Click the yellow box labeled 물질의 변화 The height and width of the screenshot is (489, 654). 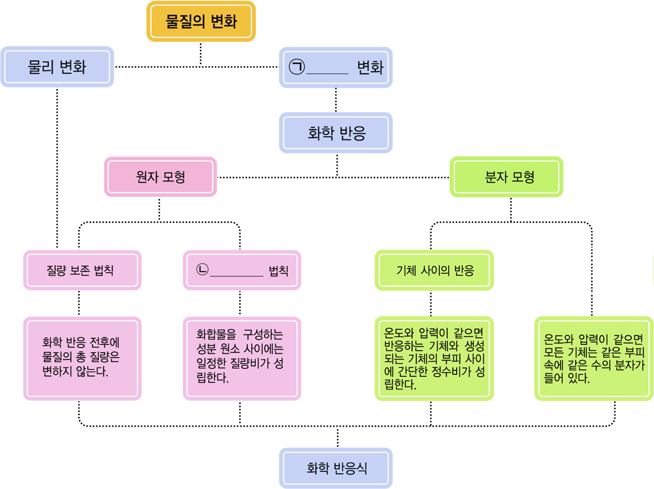click(200, 21)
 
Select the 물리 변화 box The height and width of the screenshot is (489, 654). click(57, 67)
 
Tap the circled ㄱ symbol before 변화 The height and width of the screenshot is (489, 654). click(297, 67)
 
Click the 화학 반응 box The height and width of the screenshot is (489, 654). click(336, 133)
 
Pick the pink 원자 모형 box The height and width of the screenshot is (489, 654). click(160, 177)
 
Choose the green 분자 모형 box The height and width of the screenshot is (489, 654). click(506, 177)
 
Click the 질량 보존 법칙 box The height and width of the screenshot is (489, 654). click(82, 270)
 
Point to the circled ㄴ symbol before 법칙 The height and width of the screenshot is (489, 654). click(202, 270)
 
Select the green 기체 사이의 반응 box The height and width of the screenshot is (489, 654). click(434, 270)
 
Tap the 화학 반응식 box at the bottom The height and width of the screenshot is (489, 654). click(336, 468)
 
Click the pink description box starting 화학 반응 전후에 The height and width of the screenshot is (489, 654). click(82, 358)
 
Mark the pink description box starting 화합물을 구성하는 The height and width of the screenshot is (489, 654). click(242, 358)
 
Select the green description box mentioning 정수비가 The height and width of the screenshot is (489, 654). click(434, 358)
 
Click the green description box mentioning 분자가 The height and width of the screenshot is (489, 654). click(593, 358)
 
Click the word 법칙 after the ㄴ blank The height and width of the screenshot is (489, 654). click(278, 270)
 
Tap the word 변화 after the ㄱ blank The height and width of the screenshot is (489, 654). click(370, 67)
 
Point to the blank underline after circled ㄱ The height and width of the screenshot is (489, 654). click(326, 72)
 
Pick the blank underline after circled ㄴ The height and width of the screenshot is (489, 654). click(237, 275)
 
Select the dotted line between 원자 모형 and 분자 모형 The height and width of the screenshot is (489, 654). click(275, 177)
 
